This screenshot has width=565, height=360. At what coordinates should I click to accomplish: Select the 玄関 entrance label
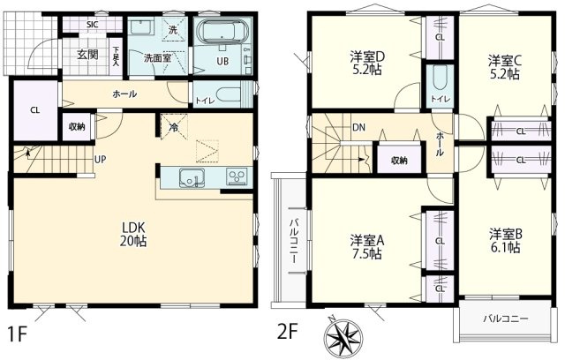coord(87,54)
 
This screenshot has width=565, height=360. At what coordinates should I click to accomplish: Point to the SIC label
coord(93,24)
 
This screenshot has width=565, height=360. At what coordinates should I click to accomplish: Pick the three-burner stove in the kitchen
coord(236,176)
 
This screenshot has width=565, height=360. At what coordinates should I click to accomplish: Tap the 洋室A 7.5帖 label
coord(365,246)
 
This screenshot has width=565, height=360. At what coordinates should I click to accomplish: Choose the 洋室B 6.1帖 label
coord(507,240)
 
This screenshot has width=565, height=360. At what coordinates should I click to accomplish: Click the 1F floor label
coord(18,334)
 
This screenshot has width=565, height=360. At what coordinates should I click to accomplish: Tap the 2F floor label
coord(289,334)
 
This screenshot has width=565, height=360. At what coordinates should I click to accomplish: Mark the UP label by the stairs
coord(102,161)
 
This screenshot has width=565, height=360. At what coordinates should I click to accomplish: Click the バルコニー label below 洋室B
coord(506,318)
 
